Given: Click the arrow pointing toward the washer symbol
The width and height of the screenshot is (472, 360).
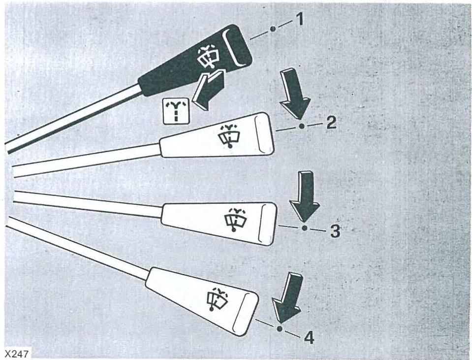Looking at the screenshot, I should [206, 89].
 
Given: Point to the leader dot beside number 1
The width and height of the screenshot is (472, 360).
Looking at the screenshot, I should [273, 29].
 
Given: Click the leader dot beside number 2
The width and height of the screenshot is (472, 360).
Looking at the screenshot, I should [302, 127].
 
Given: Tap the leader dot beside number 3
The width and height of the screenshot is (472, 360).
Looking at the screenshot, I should [304, 228].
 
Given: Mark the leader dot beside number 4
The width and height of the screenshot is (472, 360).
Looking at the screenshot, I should [280, 328].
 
